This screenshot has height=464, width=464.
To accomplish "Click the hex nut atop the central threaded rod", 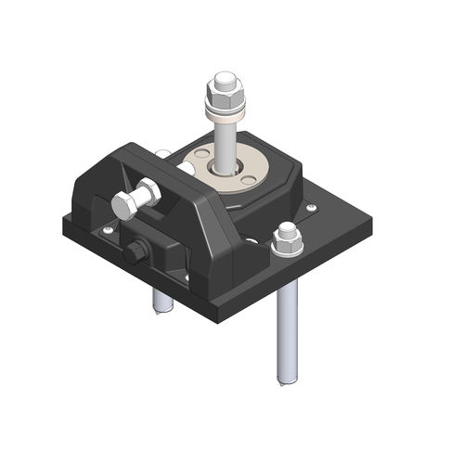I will click(226, 90).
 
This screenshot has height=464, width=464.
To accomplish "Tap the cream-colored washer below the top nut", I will click(226, 115).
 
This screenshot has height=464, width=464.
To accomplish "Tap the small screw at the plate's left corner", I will click(109, 229).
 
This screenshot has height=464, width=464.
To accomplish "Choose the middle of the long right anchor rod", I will click(286, 325).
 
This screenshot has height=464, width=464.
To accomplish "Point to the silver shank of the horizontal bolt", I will click(148, 196).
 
